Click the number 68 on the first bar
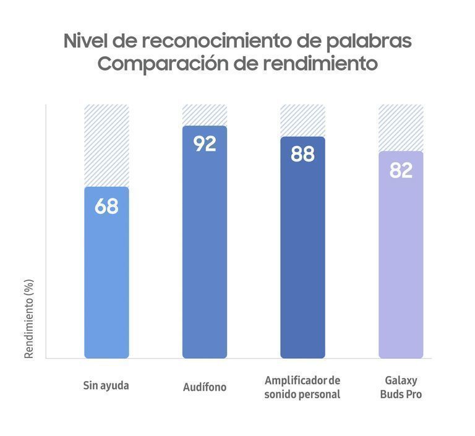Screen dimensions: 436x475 [x=106, y=207]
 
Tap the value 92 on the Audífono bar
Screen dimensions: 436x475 [x=205, y=143]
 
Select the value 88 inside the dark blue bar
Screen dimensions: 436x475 [x=302, y=154]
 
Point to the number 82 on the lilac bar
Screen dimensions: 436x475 [x=401, y=170]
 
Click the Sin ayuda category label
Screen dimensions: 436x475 [x=106, y=385]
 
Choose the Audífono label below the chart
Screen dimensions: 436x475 [x=205, y=387]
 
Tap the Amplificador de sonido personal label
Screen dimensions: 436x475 [x=302, y=387]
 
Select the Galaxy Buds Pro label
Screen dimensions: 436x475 [x=401, y=387]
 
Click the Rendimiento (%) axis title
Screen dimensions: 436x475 [x=29, y=318]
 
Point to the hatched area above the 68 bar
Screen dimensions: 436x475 [x=106, y=145]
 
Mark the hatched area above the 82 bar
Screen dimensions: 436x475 [x=401, y=127]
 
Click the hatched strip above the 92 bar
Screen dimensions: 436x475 [x=205, y=115]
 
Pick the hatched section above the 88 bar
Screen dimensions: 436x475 [x=302, y=120]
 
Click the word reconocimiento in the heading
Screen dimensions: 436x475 [x=222, y=41]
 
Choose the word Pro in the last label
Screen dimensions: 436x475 [x=412, y=395]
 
